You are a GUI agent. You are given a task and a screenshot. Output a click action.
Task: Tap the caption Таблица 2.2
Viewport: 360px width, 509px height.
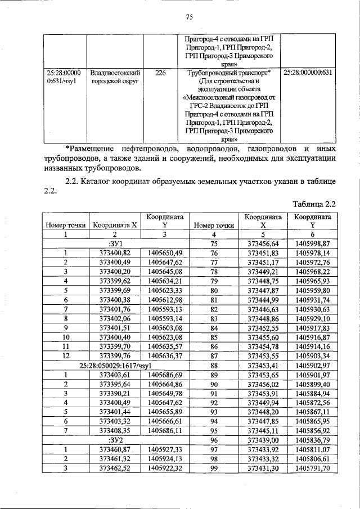[x=315, y=203]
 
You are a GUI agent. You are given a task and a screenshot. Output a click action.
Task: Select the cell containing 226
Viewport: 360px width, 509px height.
[x=160, y=73]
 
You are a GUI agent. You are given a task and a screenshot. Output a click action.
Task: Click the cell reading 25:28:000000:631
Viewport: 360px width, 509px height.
[x=308, y=73]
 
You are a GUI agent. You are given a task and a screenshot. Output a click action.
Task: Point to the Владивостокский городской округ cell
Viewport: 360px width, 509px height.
[x=115, y=77]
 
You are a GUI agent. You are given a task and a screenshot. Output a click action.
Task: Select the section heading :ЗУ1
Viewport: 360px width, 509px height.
[x=115, y=244]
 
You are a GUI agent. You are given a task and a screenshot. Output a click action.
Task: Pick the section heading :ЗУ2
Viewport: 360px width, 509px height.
[x=115, y=440]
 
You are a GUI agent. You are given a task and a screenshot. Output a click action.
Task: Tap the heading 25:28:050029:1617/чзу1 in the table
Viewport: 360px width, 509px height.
[x=115, y=365]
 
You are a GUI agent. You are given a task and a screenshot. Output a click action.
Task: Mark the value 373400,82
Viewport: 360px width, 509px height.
[x=115, y=253]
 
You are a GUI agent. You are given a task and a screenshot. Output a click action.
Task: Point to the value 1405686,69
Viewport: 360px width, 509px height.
[x=165, y=374]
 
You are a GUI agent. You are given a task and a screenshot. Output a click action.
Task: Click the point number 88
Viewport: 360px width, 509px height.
[x=213, y=365]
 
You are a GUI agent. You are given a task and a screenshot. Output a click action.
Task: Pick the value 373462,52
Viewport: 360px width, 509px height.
[x=115, y=467]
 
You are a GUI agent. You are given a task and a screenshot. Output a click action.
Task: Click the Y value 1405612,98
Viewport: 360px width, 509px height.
[x=165, y=300]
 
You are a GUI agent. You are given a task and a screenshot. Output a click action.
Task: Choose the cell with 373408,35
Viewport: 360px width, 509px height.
[x=115, y=430]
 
